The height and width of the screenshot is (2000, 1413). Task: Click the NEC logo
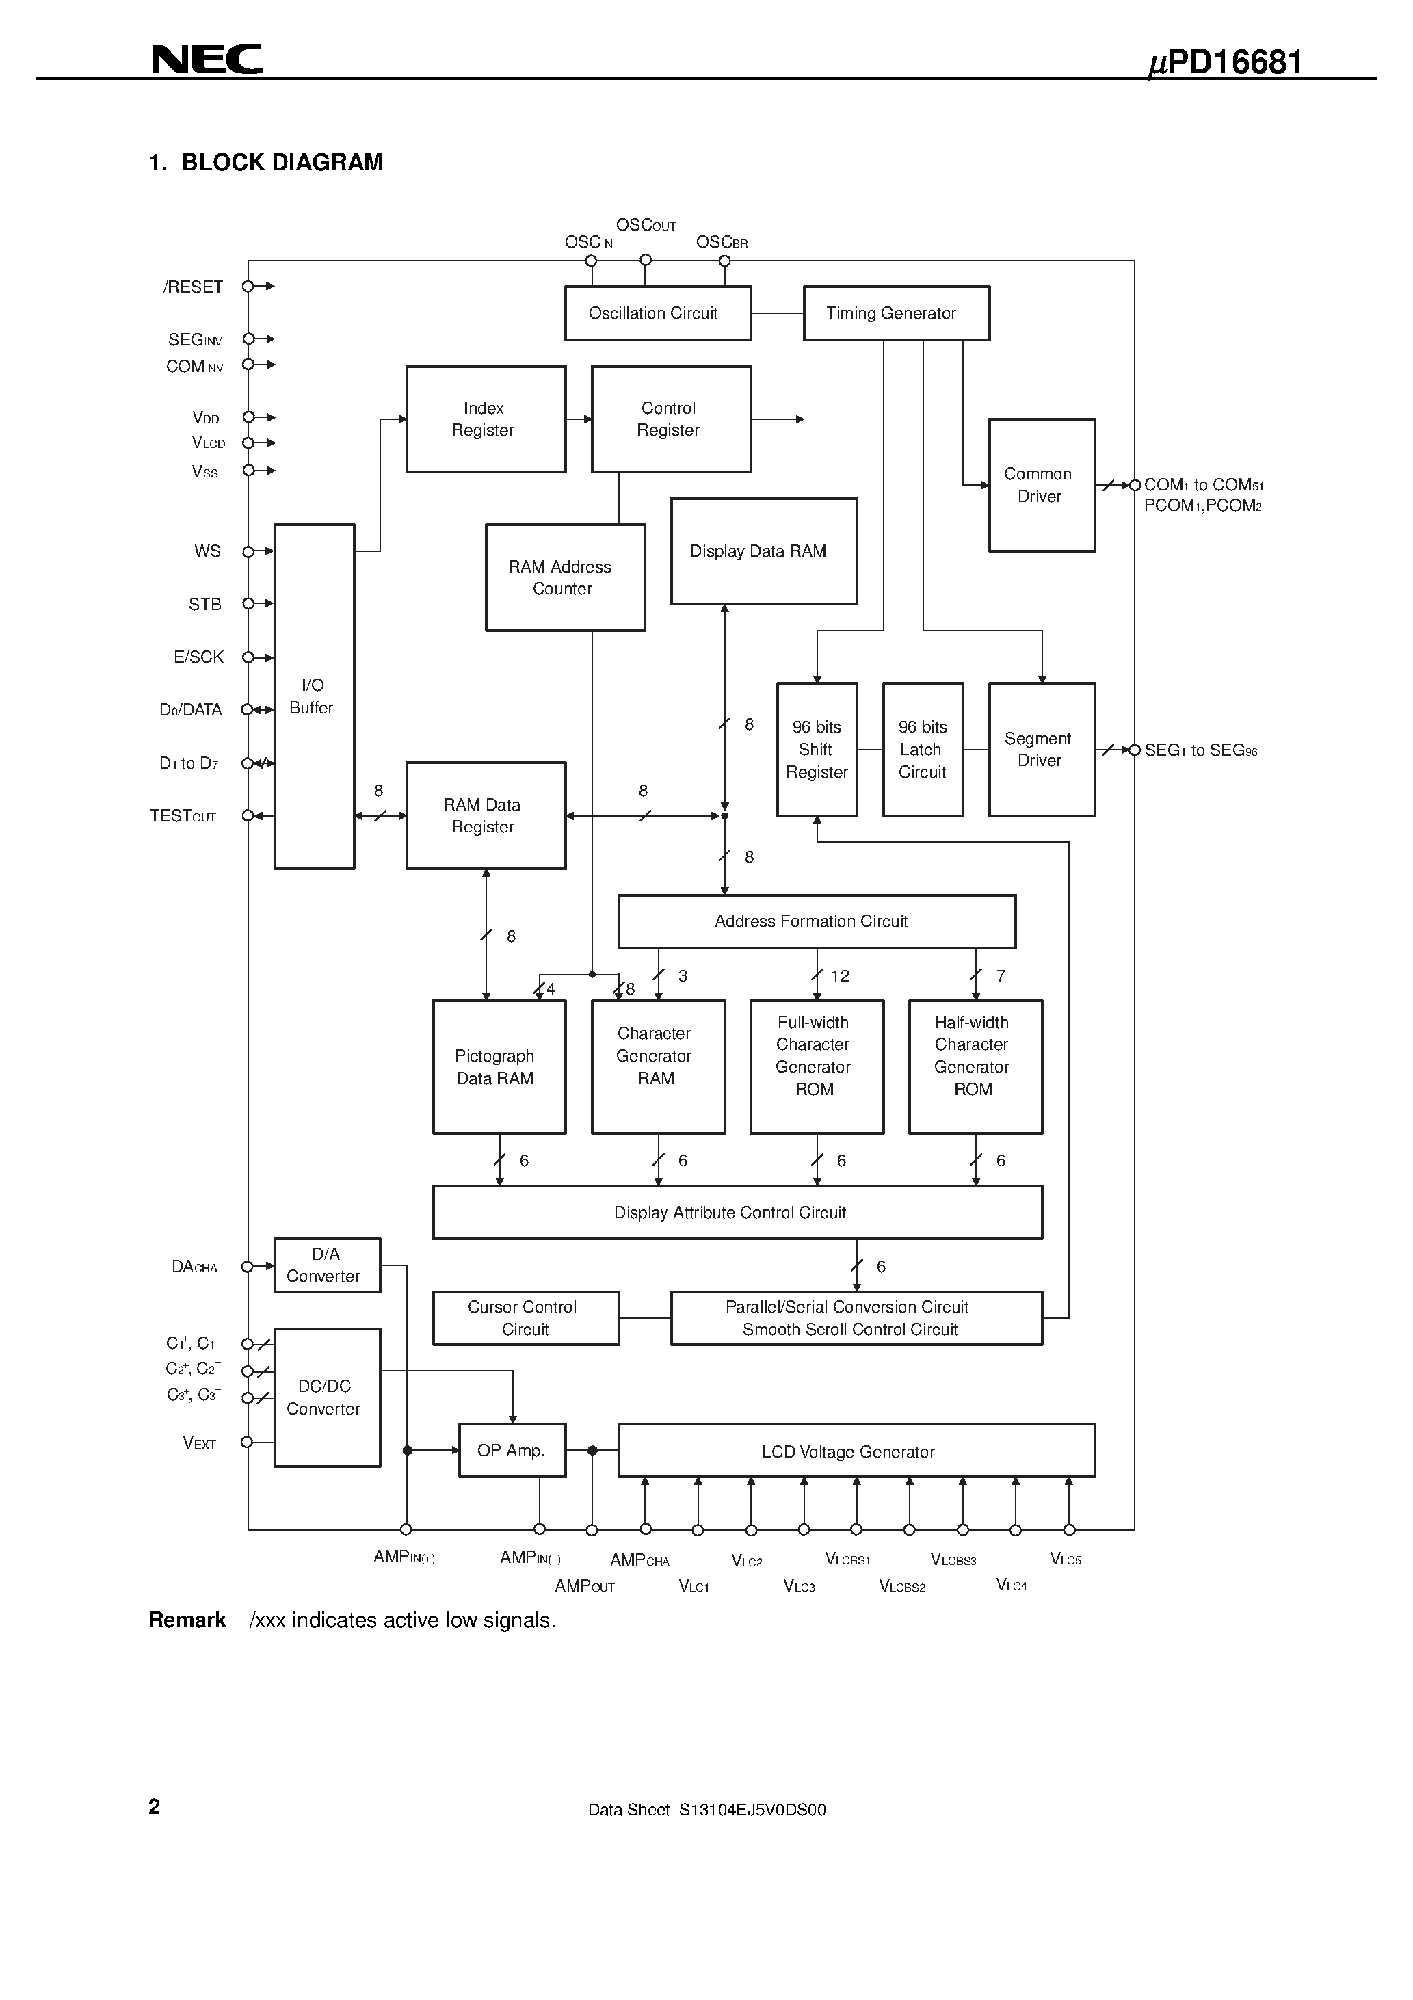[207, 60]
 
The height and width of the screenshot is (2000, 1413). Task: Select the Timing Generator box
[895, 313]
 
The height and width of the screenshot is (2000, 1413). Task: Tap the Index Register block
[485, 419]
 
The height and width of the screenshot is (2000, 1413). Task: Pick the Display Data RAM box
[763, 551]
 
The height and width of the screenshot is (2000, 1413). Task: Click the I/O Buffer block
[314, 696]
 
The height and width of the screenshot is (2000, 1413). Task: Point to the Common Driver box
[1041, 485]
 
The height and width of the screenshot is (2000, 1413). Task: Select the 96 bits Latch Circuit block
[923, 749]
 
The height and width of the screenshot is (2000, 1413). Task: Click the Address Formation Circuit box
[816, 921]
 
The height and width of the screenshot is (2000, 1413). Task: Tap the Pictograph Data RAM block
[499, 1066]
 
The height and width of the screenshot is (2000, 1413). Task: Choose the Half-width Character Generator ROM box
[975, 1066]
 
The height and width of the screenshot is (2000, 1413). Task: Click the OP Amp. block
[512, 1450]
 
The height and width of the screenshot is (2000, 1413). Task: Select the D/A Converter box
[327, 1265]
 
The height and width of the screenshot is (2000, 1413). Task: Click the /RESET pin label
[192, 287]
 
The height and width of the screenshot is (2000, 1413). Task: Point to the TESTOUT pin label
[183, 816]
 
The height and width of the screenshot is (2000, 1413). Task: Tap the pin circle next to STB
[248, 604]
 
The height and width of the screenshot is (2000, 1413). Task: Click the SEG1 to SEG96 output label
[1200, 751]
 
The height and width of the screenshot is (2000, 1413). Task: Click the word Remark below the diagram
[187, 1620]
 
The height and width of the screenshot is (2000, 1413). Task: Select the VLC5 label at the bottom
[1066, 1560]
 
